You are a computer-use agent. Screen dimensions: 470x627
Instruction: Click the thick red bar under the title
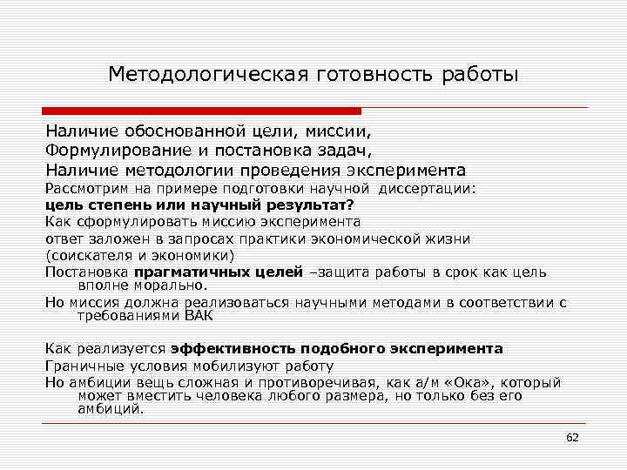202,111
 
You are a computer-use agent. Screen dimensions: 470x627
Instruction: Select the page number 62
572,437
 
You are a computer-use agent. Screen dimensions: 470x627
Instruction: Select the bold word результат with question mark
307,205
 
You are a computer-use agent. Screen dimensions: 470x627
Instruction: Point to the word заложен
111,238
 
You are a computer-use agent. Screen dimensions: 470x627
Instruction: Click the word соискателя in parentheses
86,255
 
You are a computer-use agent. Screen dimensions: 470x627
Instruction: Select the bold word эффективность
229,348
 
